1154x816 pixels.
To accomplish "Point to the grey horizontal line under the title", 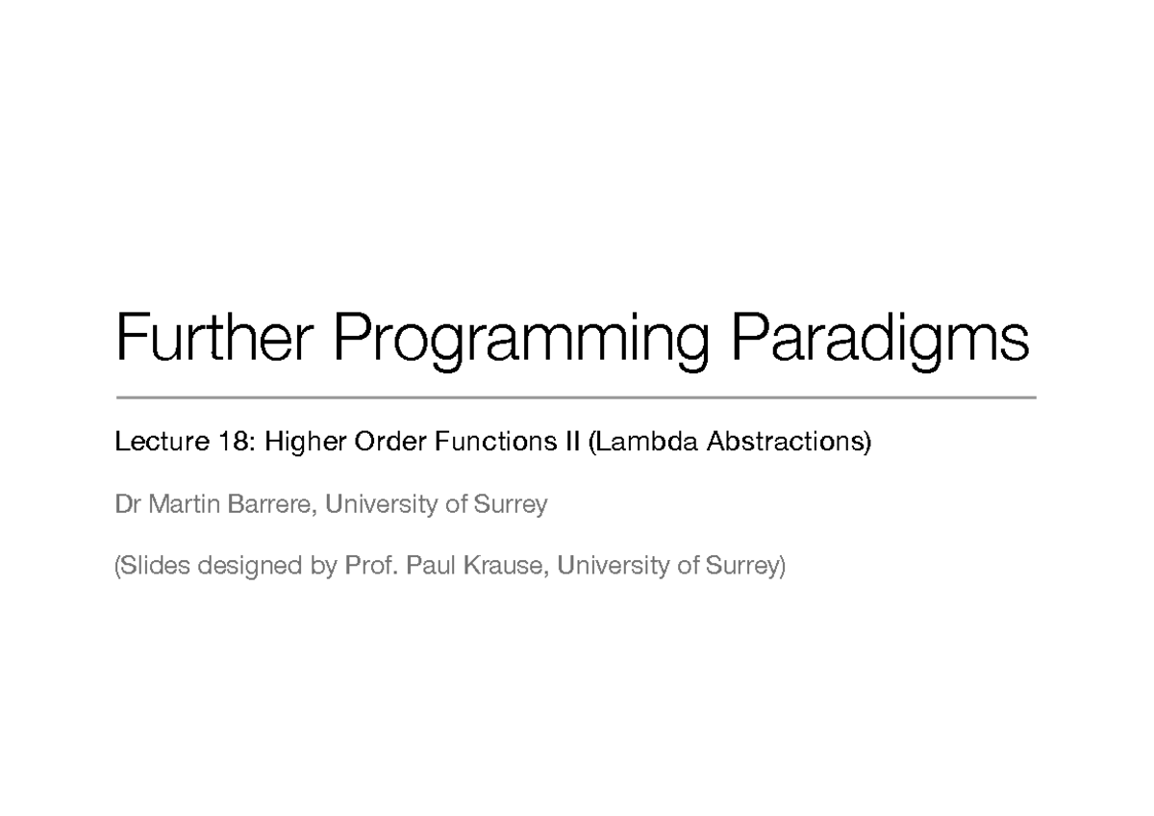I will (x=575, y=396).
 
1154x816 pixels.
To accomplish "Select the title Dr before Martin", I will (x=127, y=504).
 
